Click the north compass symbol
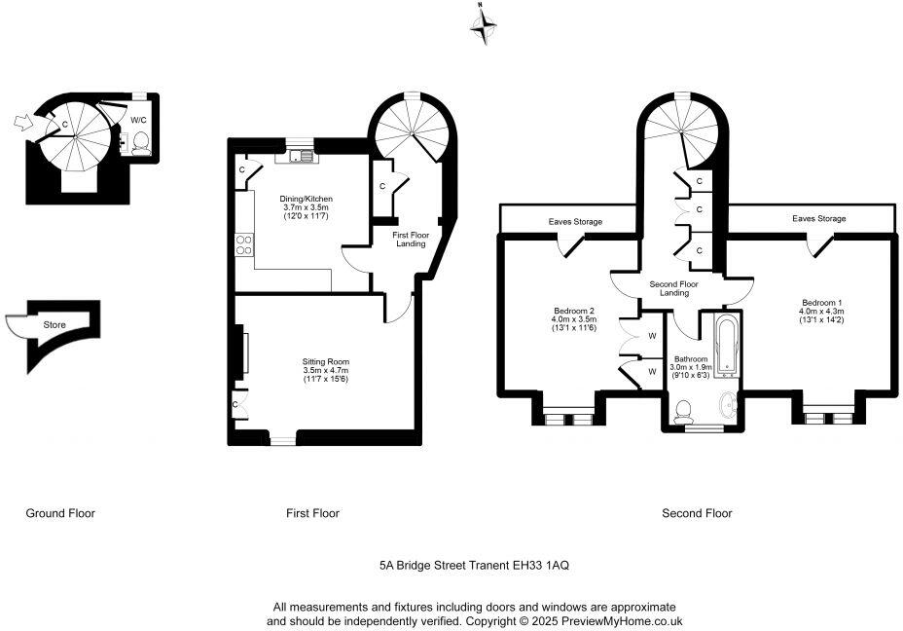[484, 25]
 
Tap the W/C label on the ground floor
[139, 120]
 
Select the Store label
[54, 323]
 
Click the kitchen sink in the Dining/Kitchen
[298, 156]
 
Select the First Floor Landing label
[411, 240]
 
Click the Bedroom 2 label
[572, 311]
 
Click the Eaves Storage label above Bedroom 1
[818, 219]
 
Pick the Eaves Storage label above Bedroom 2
[574, 222]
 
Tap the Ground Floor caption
[60, 513]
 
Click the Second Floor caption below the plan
[697, 513]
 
